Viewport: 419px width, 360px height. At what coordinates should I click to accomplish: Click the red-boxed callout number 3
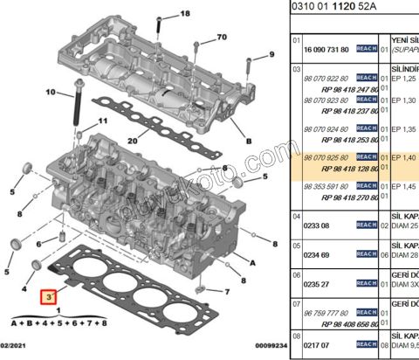47,297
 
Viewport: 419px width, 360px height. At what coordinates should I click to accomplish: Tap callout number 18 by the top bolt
184,15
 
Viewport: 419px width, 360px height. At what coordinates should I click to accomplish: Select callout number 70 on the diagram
221,37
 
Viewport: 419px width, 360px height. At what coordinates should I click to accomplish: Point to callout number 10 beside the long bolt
50,91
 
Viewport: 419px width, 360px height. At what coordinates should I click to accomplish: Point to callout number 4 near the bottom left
24,287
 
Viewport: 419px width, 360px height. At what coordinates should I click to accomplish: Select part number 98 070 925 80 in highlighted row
324,156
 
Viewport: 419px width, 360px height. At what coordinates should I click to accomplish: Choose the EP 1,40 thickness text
402,156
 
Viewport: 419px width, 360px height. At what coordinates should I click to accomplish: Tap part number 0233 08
316,225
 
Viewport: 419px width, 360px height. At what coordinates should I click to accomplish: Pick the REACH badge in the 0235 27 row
367,285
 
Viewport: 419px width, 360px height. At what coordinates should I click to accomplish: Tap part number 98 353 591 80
324,186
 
